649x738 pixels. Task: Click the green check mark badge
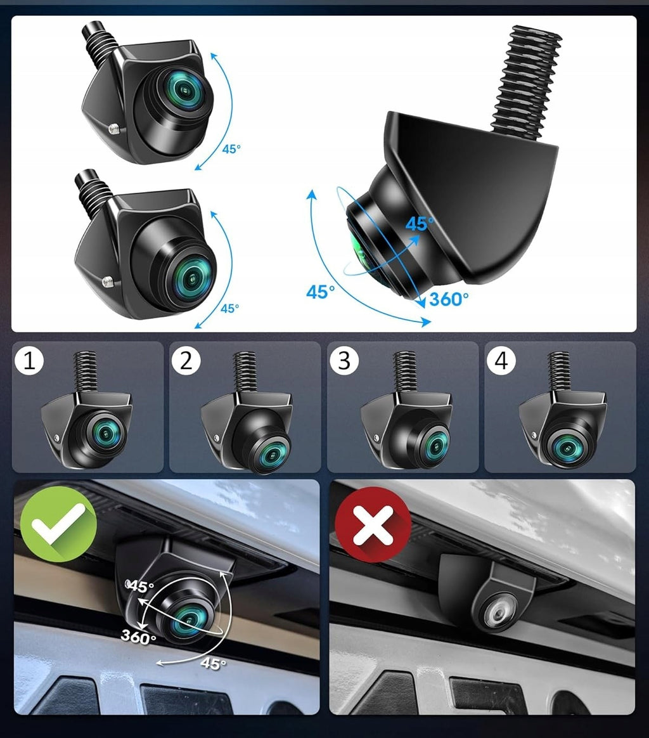click(x=58, y=524)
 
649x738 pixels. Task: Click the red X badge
click(x=373, y=524)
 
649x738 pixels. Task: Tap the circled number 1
click(x=29, y=361)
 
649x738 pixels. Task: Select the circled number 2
click(x=186, y=361)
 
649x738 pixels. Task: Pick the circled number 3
click(x=345, y=361)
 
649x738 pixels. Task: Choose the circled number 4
click(x=502, y=361)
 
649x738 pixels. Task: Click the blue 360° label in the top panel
click(x=449, y=299)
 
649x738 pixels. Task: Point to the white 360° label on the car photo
click(x=138, y=637)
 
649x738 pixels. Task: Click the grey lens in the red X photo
click(x=499, y=611)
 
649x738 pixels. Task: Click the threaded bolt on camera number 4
click(x=559, y=372)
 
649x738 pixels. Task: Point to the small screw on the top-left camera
click(x=114, y=129)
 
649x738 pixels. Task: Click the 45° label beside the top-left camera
click(x=231, y=149)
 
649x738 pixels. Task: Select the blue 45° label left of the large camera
click(x=321, y=292)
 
